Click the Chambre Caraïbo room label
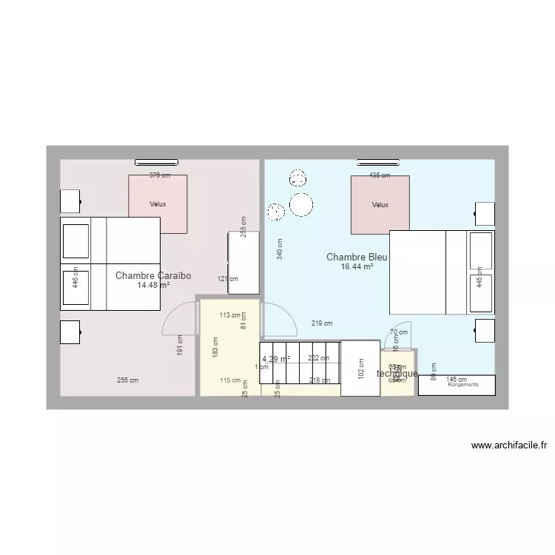[153, 275]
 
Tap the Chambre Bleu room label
[357, 258]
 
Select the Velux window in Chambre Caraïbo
[158, 203]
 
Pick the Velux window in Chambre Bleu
[380, 204]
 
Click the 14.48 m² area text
[153, 285]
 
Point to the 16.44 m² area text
[357, 266]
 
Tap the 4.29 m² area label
[276, 359]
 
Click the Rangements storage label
[463, 385]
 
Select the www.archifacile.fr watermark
[508, 445]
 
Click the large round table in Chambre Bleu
[301, 204]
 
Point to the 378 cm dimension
[160, 175]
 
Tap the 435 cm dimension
[380, 175]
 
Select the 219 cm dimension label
[322, 323]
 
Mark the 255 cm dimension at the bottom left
[127, 380]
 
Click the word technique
[397, 374]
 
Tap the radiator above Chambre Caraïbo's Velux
[156, 161]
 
